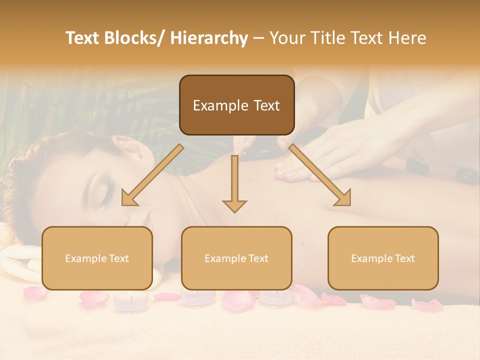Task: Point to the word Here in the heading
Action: (407, 38)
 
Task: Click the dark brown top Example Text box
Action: (236, 105)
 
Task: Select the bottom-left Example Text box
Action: (97, 258)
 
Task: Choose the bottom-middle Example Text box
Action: (236, 258)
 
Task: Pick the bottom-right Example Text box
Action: (383, 258)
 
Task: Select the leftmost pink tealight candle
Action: (131, 301)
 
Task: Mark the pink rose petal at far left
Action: (35, 292)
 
